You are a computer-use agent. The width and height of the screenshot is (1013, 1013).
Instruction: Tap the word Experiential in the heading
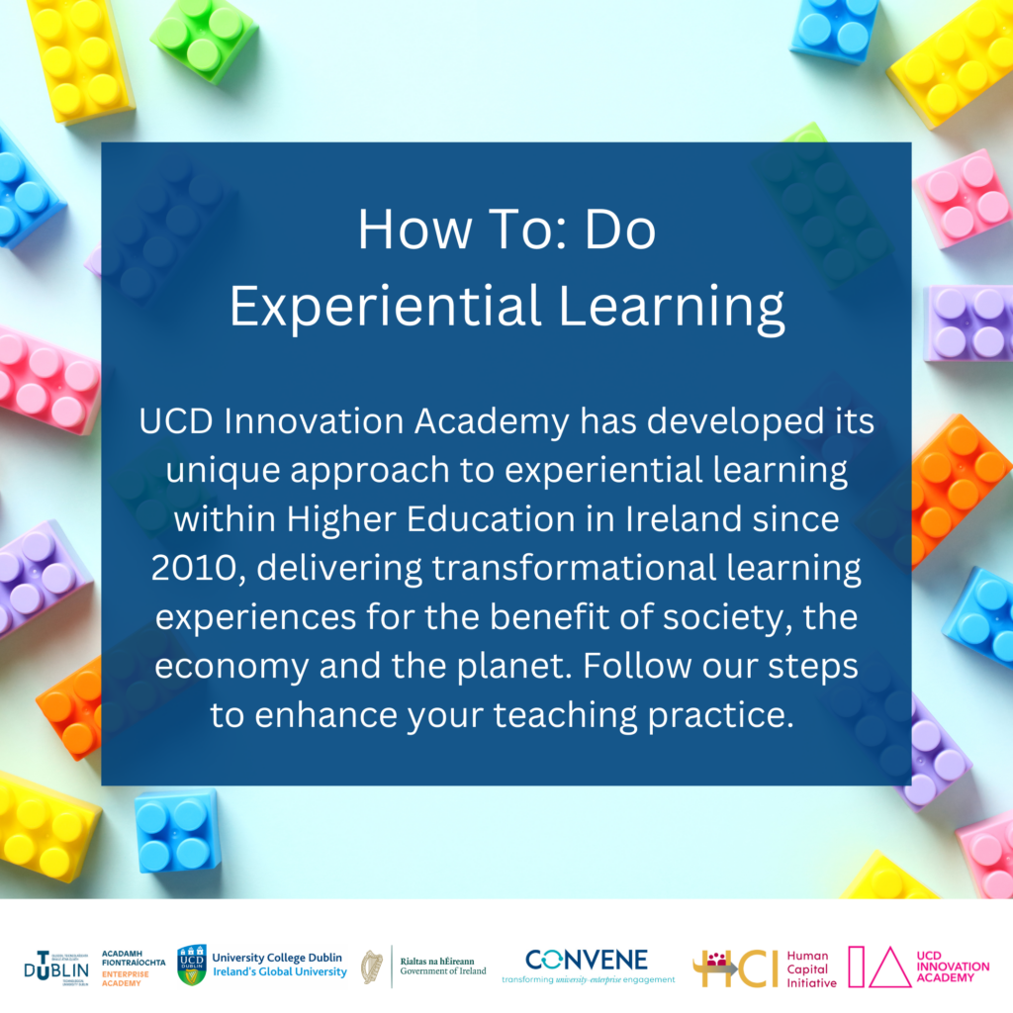coord(386,308)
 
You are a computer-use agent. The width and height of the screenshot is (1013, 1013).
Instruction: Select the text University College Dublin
coord(277,958)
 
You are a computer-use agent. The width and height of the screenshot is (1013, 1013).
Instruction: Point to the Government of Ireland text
coord(443,971)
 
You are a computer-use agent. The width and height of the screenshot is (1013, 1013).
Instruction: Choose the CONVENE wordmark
coord(587,960)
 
